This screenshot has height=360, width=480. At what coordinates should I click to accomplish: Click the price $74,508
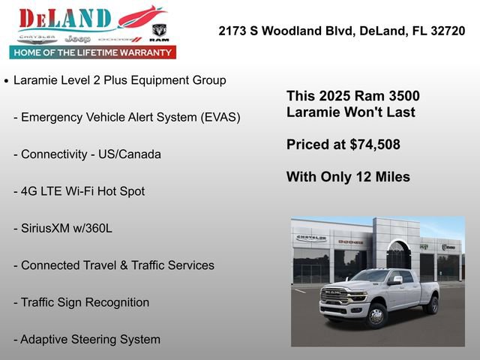[375, 145]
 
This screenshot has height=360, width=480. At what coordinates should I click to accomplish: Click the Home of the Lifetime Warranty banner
[93, 52]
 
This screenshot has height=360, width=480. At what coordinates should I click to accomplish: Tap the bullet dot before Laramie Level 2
[7, 81]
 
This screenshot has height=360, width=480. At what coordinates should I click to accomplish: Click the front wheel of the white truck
[376, 316]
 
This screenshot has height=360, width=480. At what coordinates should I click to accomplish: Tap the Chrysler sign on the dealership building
[311, 238]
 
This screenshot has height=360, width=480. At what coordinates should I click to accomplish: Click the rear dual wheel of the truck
[431, 304]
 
